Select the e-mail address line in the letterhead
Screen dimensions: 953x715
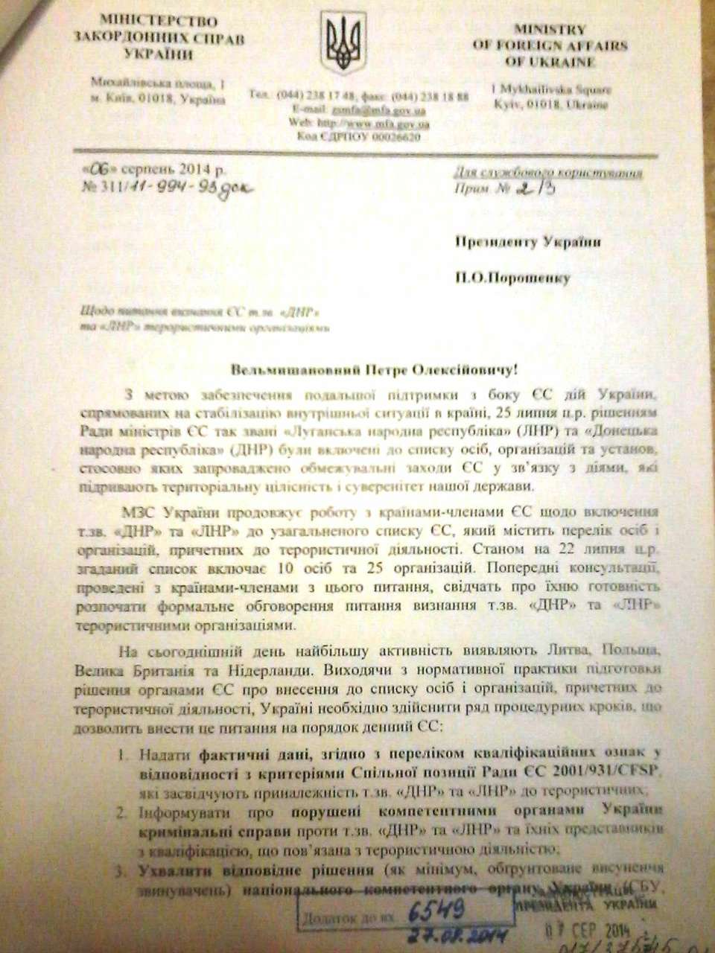(360, 109)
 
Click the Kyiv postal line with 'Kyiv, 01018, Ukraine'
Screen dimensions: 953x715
(549, 104)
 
